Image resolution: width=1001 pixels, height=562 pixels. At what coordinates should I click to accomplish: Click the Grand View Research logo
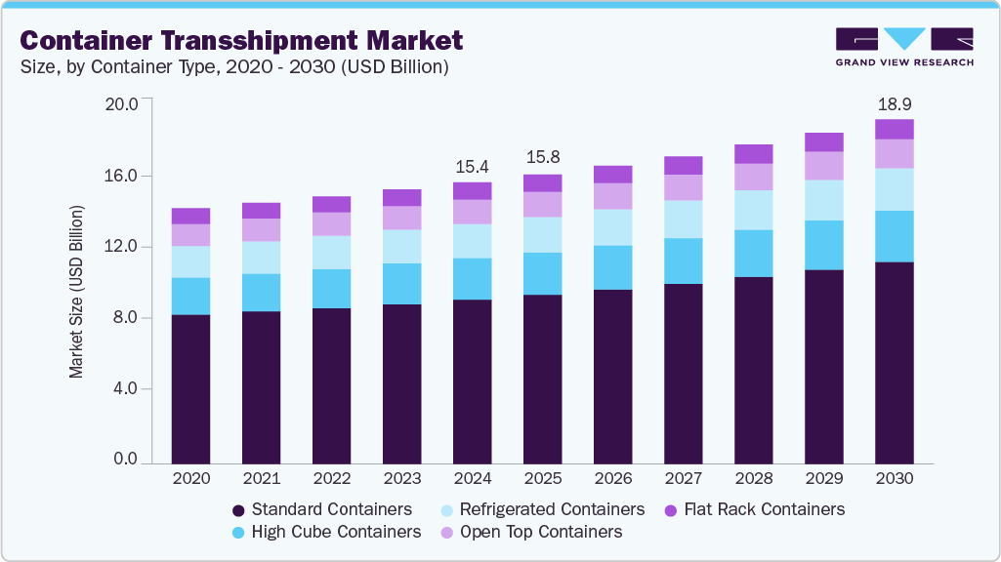(x=904, y=46)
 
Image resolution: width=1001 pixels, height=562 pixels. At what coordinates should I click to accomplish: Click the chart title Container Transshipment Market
(x=241, y=41)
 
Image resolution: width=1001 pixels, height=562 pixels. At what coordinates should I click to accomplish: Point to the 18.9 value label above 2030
(x=894, y=104)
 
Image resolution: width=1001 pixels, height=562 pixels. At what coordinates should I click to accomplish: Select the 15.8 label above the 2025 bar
(x=542, y=157)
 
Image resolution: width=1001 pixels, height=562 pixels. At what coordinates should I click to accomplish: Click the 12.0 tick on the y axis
(x=124, y=247)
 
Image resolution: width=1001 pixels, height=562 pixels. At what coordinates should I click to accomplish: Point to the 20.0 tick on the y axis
(x=124, y=103)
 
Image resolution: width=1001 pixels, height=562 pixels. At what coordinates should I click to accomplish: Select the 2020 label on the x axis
(x=190, y=479)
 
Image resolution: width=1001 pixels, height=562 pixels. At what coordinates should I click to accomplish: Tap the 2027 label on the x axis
(x=683, y=479)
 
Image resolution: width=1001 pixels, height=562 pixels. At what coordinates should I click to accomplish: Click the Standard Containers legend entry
(x=321, y=509)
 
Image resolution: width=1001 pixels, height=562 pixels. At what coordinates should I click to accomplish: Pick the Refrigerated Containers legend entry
(x=541, y=509)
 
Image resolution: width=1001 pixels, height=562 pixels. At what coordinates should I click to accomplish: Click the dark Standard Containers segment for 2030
(x=894, y=361)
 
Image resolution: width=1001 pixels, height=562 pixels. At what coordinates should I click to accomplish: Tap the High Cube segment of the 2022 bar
(x=331, y=288)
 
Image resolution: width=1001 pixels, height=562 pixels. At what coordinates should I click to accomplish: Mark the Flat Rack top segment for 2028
(x=753, y=153)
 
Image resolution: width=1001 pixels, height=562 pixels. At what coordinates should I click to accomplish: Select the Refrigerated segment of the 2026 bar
(x=612, y=227)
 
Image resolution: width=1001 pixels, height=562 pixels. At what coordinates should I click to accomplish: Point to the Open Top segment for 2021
(x=261, y=229)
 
